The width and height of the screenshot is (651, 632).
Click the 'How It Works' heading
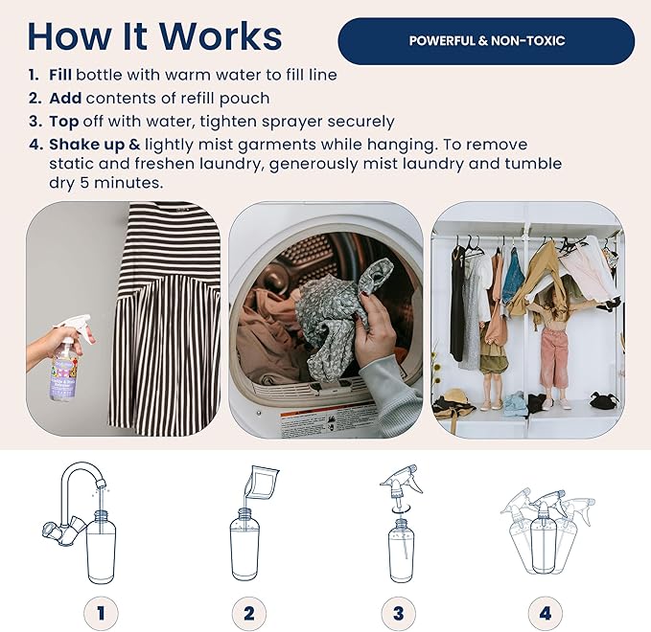pos(154,35)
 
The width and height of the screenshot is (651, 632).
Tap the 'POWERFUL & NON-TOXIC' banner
pos(486,41)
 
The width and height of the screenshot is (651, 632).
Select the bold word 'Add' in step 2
pos(60,98)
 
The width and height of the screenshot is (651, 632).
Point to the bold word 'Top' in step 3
pos(60,122)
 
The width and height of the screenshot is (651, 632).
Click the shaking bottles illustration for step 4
pos(545,531)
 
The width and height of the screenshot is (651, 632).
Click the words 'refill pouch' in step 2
pos(222,98)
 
